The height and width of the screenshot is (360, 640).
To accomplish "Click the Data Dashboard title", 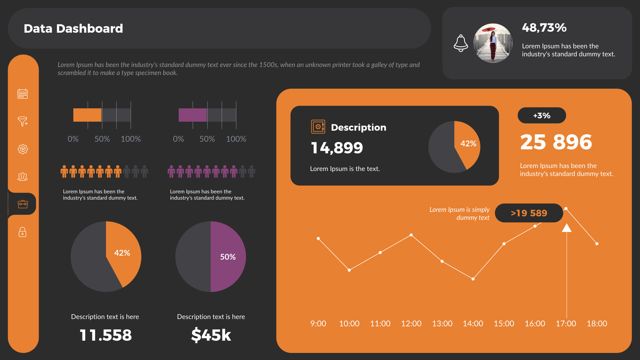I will click(x=73, y=29).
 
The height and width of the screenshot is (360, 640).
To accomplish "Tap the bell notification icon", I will click(x=461, y=43).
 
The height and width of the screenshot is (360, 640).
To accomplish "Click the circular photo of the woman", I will click(x=493, y=43).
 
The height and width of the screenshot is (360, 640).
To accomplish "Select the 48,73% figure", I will click(x=544, y=28).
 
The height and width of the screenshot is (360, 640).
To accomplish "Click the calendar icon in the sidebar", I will click(x=23, y=94).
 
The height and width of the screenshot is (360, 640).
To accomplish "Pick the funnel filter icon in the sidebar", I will click(x=23, y=121).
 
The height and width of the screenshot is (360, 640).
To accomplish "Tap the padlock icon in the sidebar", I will click(x=23, y=232).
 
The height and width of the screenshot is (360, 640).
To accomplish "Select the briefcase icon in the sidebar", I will click(x=23, y=204).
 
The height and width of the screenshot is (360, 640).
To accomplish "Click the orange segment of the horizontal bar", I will click(x=87, y=115).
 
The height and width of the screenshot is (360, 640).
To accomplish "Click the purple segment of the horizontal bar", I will click(x=193, y=115).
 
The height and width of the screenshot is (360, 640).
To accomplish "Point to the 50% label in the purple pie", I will click(x=228, y=257).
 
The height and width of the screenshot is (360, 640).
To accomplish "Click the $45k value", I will click(x=211, y=335).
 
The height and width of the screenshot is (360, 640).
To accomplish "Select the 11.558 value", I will click(x=106, y=335).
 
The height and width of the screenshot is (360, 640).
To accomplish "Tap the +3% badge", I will click(x=542, y=116).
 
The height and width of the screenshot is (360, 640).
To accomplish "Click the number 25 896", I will click(x=556, y=142).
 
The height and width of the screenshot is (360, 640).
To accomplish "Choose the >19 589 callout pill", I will click(x=529, y=213).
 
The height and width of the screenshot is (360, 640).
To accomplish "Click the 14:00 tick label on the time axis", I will click(x=473, y=324).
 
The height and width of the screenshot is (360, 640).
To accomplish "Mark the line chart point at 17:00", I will click(x=566, y=209).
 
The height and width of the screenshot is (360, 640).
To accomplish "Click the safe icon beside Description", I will click(x=318, y=127).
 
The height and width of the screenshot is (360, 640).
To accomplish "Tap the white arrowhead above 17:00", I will click(x=567, y=228).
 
